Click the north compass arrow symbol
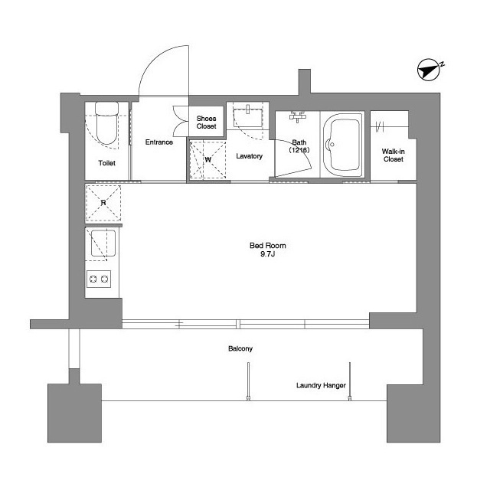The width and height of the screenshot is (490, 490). (429, 70)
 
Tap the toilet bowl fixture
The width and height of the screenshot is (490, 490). (107, 122)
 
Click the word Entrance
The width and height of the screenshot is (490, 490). (159, 142)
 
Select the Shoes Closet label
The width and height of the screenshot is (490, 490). (206, 122)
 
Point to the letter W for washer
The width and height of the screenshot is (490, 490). (208, 160)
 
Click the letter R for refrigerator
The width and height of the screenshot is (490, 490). (103, 203)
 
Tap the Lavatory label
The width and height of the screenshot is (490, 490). (249, 156)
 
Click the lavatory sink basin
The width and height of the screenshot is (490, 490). (247, 117)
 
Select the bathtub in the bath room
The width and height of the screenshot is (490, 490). (342, 145)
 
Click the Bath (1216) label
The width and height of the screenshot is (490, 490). (299, 146)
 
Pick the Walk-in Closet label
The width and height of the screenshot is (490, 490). (393, 155)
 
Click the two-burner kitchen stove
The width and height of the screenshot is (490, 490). (99, 279)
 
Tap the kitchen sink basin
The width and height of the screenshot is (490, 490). (103, 243)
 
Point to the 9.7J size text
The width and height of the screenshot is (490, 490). (267, 254)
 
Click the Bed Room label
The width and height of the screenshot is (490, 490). (268, 246)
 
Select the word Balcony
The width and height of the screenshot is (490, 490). (240, 348)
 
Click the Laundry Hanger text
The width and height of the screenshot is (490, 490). (321, 386)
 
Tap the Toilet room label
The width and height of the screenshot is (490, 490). (107, 163)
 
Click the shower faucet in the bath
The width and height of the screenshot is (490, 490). (298, 116)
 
